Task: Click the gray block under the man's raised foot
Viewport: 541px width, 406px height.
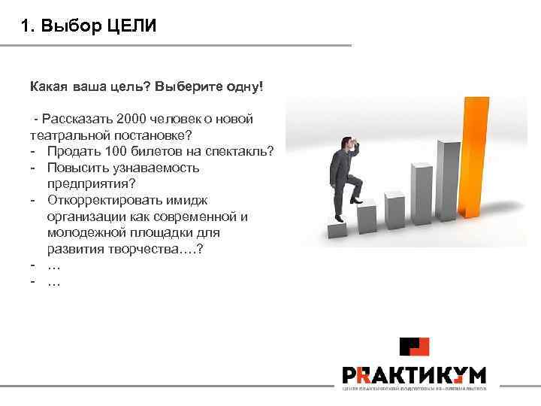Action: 366,218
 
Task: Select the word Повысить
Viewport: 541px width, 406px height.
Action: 78,168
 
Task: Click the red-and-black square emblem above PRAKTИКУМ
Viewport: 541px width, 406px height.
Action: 414,347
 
